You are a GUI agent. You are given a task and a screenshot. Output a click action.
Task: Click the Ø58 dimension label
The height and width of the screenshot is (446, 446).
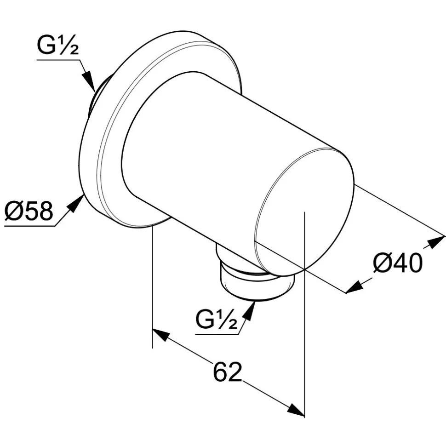click(29, 211)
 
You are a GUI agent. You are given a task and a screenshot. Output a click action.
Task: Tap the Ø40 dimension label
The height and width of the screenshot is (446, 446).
click(398, 263)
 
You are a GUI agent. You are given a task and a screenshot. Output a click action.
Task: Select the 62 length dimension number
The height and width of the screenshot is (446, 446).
click(227, 372)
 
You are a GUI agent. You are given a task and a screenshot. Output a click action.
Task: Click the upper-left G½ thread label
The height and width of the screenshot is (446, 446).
click(58, 46)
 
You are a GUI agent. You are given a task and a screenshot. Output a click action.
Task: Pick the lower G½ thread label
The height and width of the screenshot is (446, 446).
click(217, 320)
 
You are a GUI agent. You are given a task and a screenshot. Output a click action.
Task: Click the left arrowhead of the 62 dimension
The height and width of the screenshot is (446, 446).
click(161, 335)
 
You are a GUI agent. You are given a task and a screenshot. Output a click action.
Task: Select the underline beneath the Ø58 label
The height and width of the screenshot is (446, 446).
click(30, 226)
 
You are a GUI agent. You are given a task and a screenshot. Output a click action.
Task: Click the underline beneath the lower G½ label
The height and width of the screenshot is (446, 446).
click(217, 334)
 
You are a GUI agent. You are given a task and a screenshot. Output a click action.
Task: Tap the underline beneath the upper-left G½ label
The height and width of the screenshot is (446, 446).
click(58, 60)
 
